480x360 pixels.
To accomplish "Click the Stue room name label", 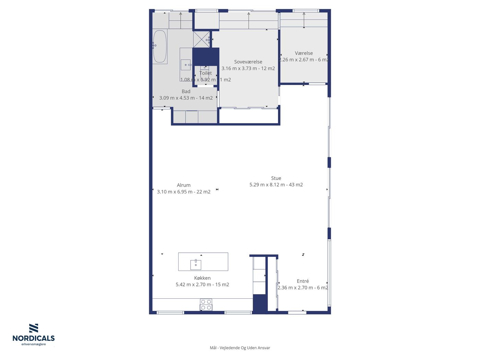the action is pos(276,178).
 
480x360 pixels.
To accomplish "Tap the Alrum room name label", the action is pos(183,185).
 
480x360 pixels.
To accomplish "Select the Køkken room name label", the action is pos(202,278).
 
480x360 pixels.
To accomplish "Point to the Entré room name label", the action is pos(303,281).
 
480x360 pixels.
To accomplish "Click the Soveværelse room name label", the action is pos(248,62).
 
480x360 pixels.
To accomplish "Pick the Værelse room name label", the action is pos(304,53).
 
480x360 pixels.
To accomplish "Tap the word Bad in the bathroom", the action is pos(186,91).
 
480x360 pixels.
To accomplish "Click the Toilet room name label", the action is pos(206,73).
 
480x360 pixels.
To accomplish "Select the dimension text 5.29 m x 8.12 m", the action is pos(267,185).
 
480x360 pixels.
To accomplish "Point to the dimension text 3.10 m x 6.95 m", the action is pos(175,192).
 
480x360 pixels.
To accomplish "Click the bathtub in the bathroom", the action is pos(160,46).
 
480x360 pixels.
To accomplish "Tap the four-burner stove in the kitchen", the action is pos(206,305).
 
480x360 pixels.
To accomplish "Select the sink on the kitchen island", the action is pos(196,265).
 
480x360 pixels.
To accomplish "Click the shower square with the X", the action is pos(201,39).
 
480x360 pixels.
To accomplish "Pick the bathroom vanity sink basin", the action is pos(185,65).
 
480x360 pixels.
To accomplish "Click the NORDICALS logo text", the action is pos(34,338).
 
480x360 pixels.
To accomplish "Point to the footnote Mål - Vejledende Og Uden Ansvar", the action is pos(240,348).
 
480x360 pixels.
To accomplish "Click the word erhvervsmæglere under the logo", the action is pos(34,345).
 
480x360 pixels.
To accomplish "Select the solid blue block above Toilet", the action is pos(206,57).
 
